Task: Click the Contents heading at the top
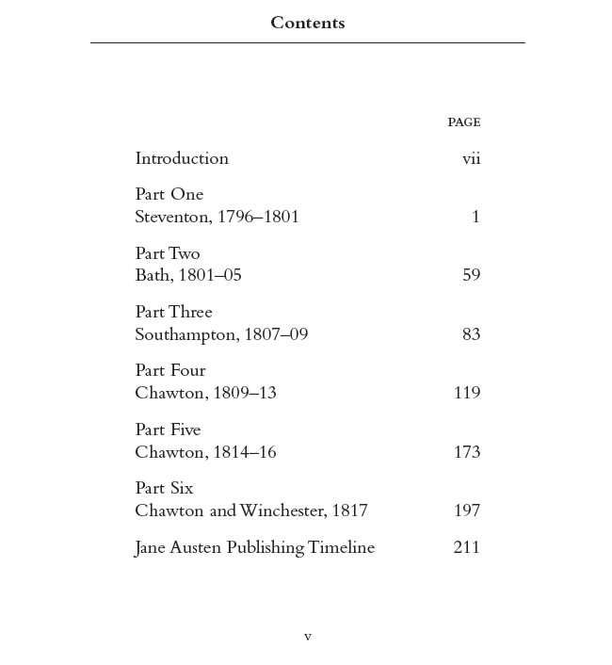(x=307, y=24)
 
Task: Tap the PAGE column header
(x=463, y=122)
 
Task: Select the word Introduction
(x=182, y=158)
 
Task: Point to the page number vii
(x=471, y=158)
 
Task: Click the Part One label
(x=169, y=195)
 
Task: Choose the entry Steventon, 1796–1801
(x=217, y=217)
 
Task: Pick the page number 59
(x=471, y=275)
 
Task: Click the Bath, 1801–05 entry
(x=188, y=275)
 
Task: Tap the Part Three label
(x=174, y=312)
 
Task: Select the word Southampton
(x=185, y=334)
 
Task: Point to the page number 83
(x=471, y=334)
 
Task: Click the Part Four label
(x=170, y=370)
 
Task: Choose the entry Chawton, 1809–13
(x=205, y=393)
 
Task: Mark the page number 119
(x=467, y=393)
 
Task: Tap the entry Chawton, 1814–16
(x=205, y=452)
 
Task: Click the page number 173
(x=467, y=452)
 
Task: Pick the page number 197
(x=467, y=511)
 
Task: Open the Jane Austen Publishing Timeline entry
(x=254, y=547)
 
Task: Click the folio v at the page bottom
(x=307, y=638)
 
